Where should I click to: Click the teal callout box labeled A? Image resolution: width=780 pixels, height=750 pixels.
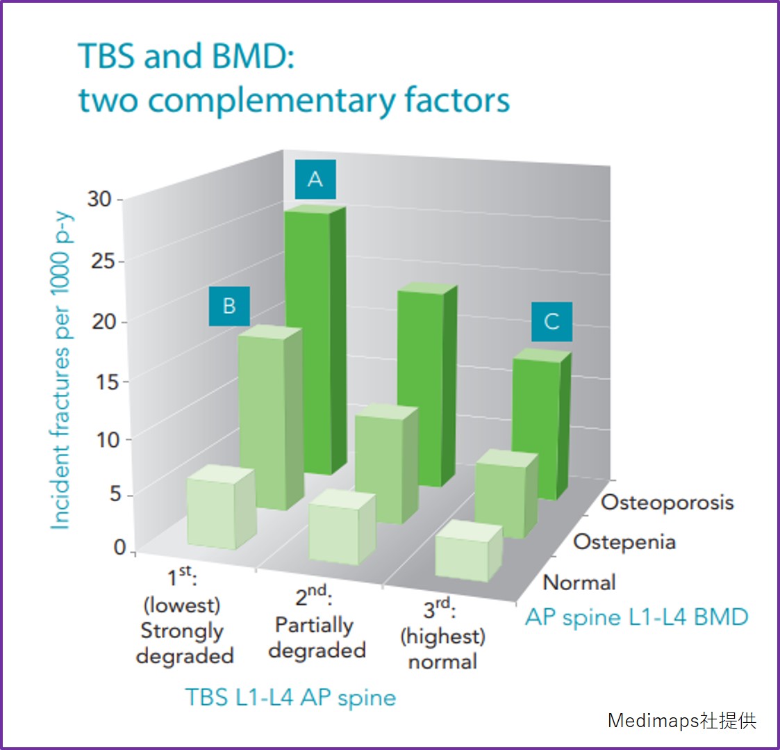coord(315,179)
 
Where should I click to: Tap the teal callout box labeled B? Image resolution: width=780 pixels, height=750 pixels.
coord(229,306)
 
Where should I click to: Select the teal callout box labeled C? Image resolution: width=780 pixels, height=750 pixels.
coord(551,322)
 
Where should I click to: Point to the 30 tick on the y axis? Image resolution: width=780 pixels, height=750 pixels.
coord(99,199)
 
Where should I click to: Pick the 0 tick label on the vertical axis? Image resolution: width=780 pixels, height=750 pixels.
coord(119,548)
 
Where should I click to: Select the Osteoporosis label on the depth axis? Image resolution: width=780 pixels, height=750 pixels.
coord(667,503)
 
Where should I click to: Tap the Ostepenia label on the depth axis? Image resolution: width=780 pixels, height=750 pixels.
coord(624,542)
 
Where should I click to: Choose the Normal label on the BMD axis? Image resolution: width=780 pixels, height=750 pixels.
coord(579,582)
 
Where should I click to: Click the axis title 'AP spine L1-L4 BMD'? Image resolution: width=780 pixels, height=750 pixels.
coord(636,617)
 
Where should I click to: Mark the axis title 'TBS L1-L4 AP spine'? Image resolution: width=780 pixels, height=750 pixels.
coord(290,697)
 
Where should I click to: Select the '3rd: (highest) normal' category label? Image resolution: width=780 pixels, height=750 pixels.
coord(442,636)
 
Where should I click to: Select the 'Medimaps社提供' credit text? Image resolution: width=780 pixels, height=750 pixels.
coord(682,720)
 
